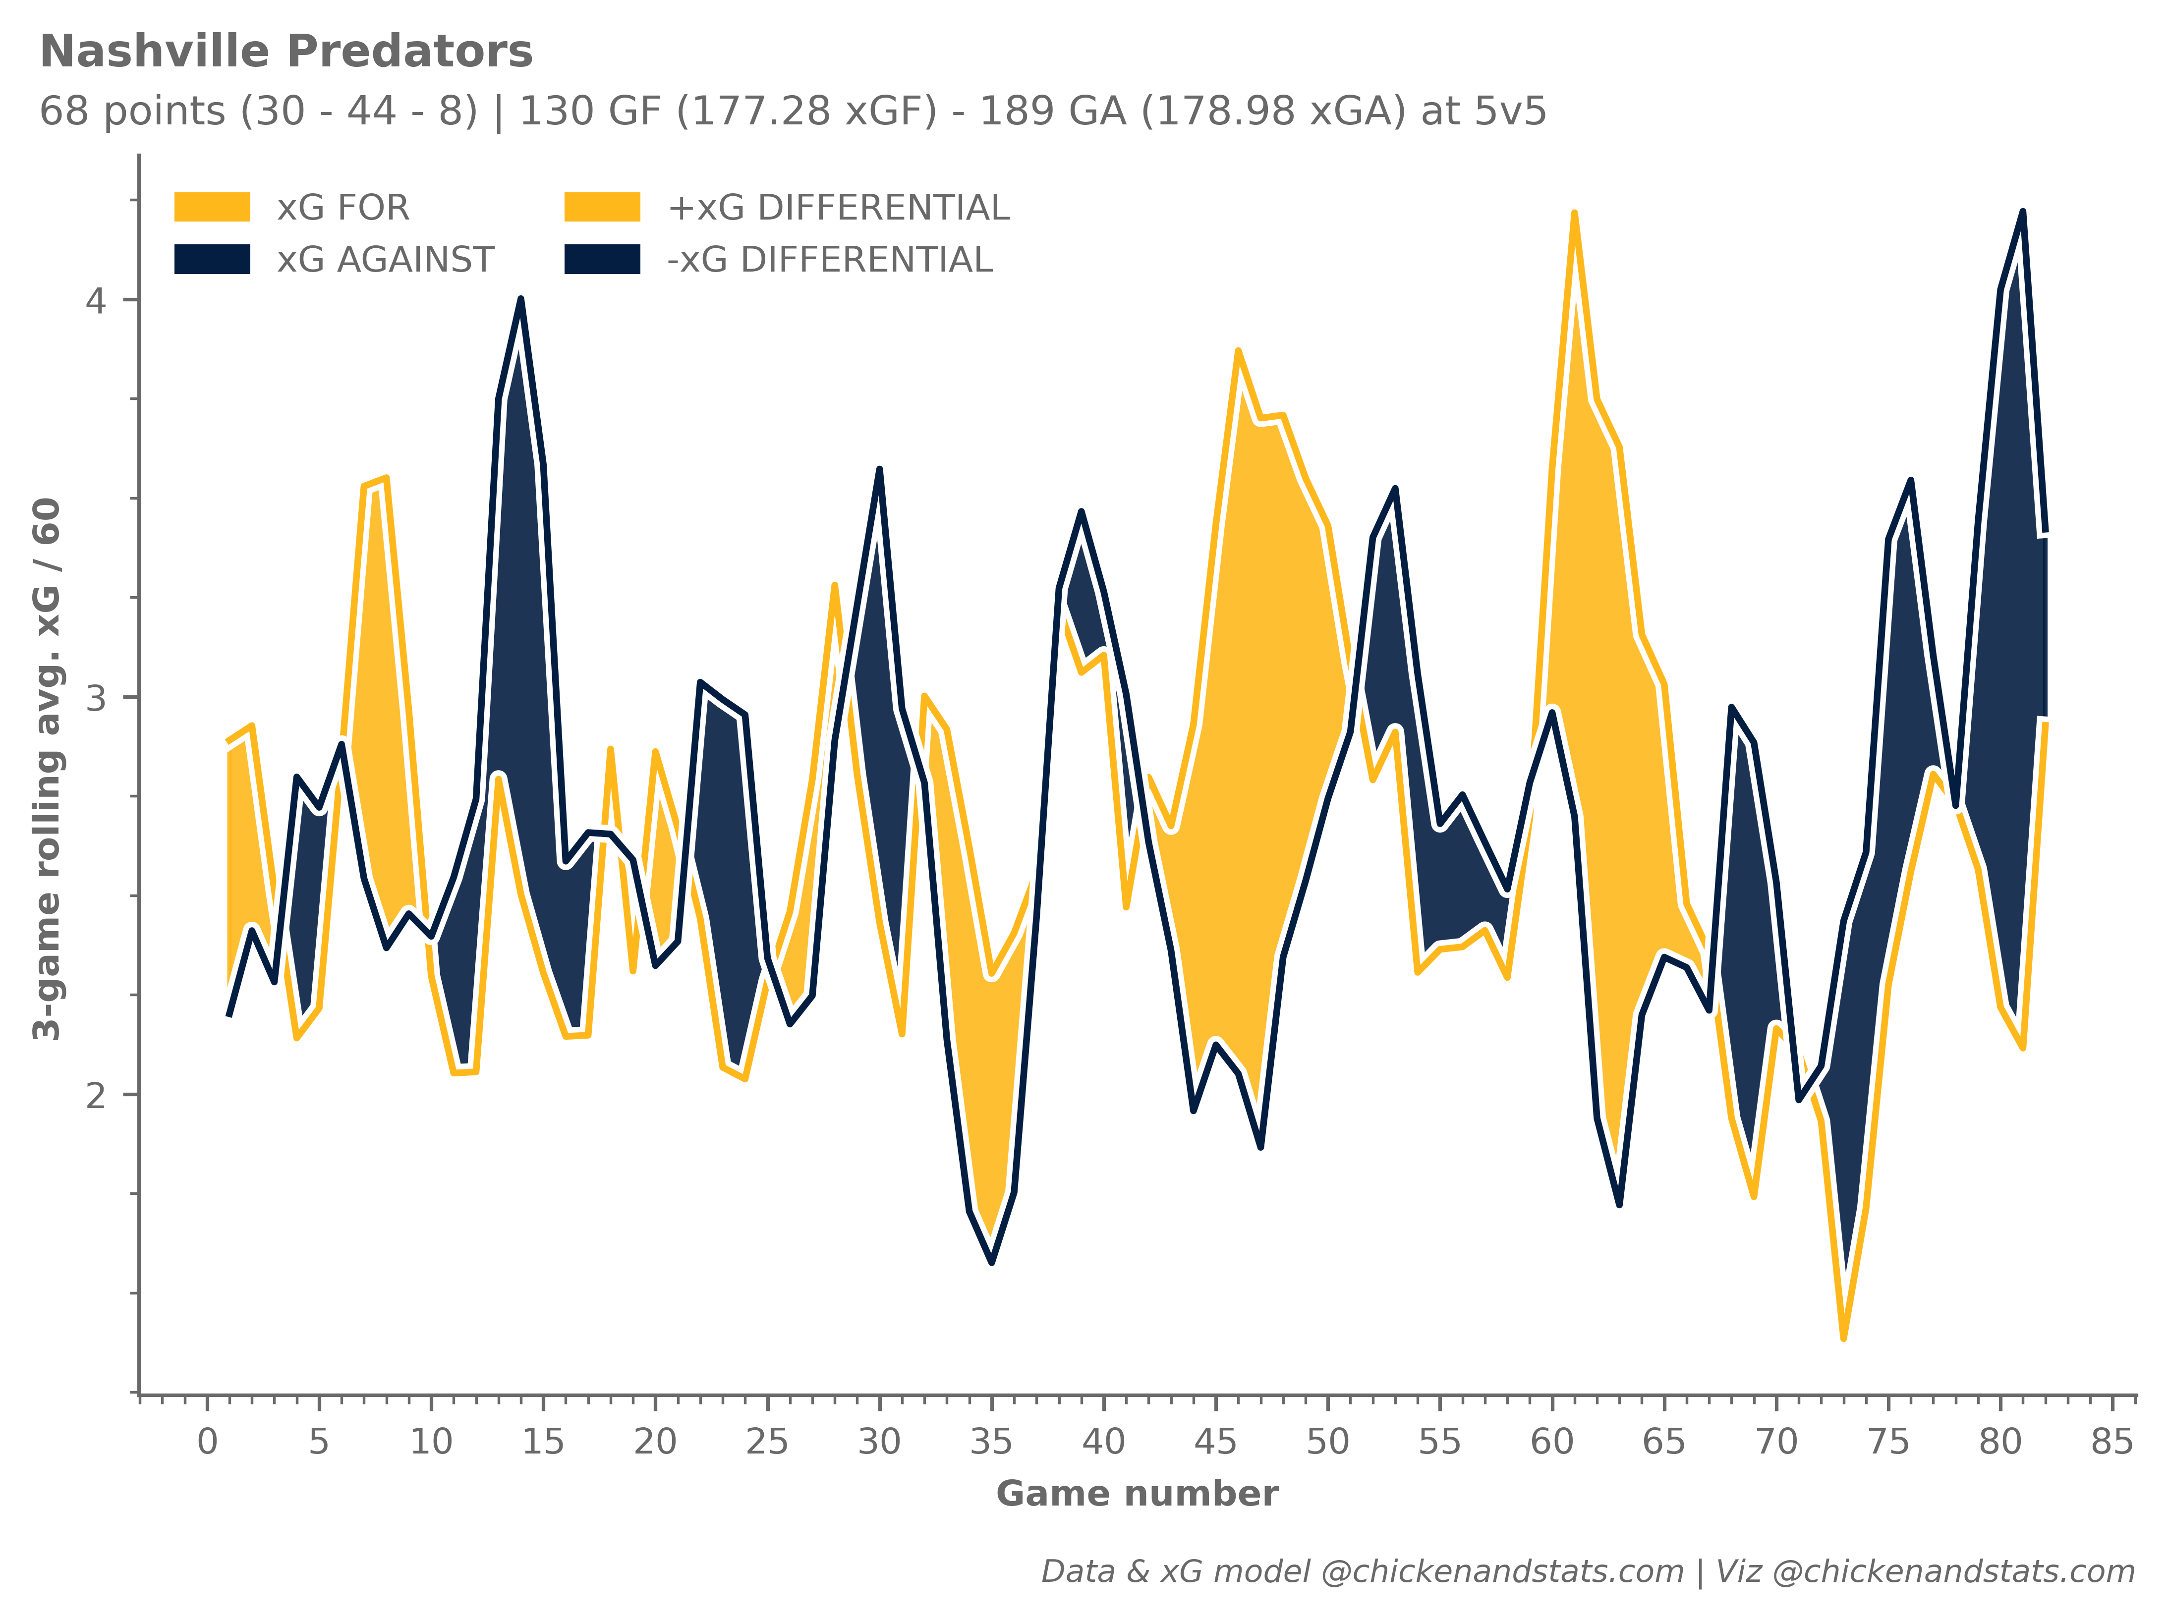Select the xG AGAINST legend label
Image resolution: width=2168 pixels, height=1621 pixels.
click(385, 260)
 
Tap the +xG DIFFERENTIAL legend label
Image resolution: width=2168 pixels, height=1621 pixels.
click(838, 208)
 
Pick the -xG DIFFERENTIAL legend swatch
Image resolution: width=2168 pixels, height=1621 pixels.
click(602, 260)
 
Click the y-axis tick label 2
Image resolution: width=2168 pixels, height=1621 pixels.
click(95, 1095)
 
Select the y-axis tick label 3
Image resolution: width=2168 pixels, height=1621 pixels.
click(95, 698)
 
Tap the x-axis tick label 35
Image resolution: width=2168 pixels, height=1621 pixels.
click(991, 1442)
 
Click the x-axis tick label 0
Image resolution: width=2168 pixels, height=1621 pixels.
click(207, 1442)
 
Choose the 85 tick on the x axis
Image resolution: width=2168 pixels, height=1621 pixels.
click(2112, 1442)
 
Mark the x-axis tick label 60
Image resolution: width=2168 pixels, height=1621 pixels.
click(1551, 1442)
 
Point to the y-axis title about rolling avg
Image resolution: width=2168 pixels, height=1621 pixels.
click(47, 769)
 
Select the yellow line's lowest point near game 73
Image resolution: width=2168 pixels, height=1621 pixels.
click(1843, 1338)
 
